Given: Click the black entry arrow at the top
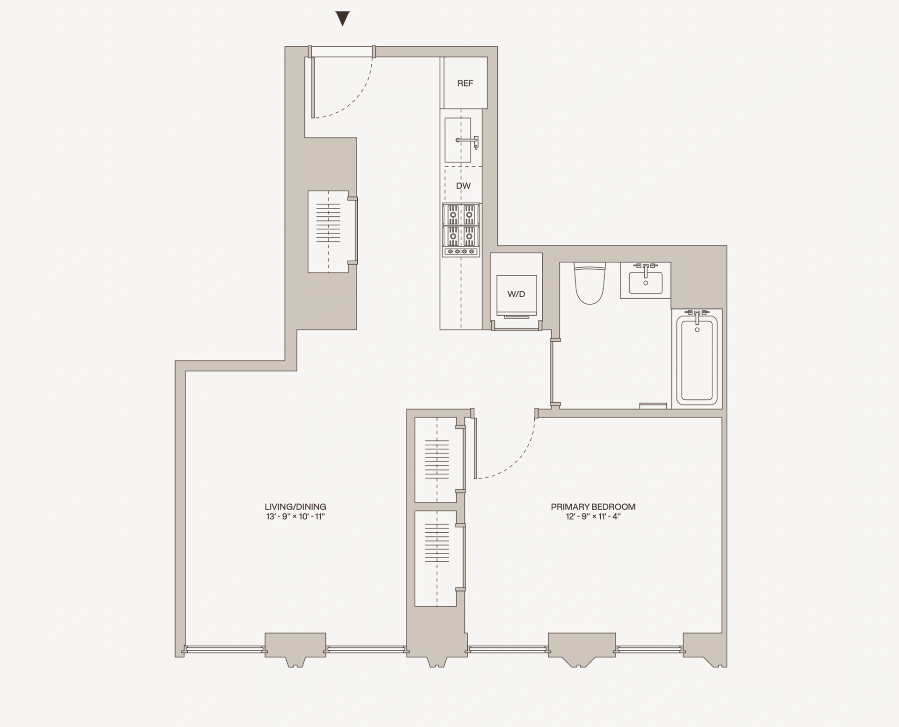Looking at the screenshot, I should pyautogui.click(x=343, y=19).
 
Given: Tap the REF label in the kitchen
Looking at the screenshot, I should pyautogui.click(x=465, y=83).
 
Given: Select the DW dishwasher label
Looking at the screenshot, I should pyautogui.click(x=463, y=186).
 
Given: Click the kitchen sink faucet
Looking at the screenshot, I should pyautogui.click(x=468, y=140).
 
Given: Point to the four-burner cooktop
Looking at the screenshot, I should pyautogui.click(x=461, y=230).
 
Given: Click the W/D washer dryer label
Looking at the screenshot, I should pyautogui.click(x=516, y=294).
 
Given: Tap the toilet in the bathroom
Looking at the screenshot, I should pyautogui.click(x=590, y=284).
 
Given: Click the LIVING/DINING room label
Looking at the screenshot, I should pyautogui.click(x=295, y=507).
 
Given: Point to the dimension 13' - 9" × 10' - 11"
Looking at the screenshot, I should pyautogui.click(x=295, y=517).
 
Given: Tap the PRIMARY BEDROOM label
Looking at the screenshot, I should pyautogui.click(x=593, y=507).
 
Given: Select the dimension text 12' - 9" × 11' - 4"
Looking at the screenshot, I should pyautogui.click(x=593, y=517).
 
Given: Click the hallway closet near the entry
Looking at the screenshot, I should pyautogui.click(x=328, y=231).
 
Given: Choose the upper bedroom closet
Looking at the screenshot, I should pyautogui.click(x=436, y=460).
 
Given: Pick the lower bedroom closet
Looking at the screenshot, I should pyautogui.click(x=436, y=558).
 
